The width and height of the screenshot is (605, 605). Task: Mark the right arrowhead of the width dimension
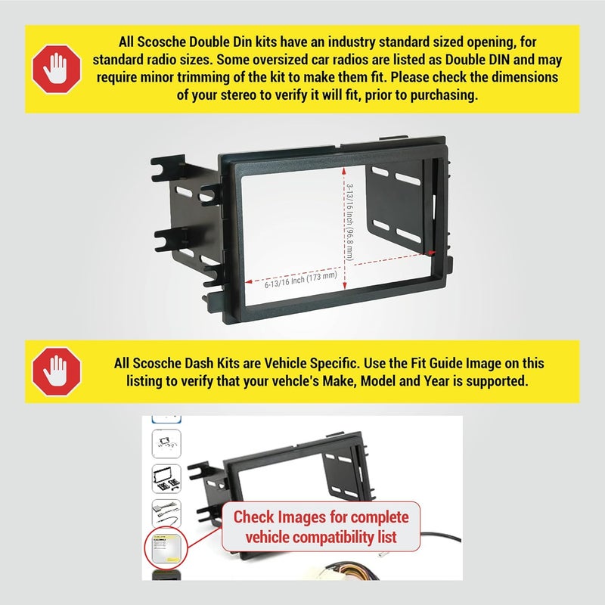coord(432,253)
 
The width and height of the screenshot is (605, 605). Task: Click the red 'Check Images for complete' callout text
coord(321,518)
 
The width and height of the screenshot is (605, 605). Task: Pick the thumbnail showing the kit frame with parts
coord(166,479)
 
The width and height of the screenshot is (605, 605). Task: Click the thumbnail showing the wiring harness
coord(166,514)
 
